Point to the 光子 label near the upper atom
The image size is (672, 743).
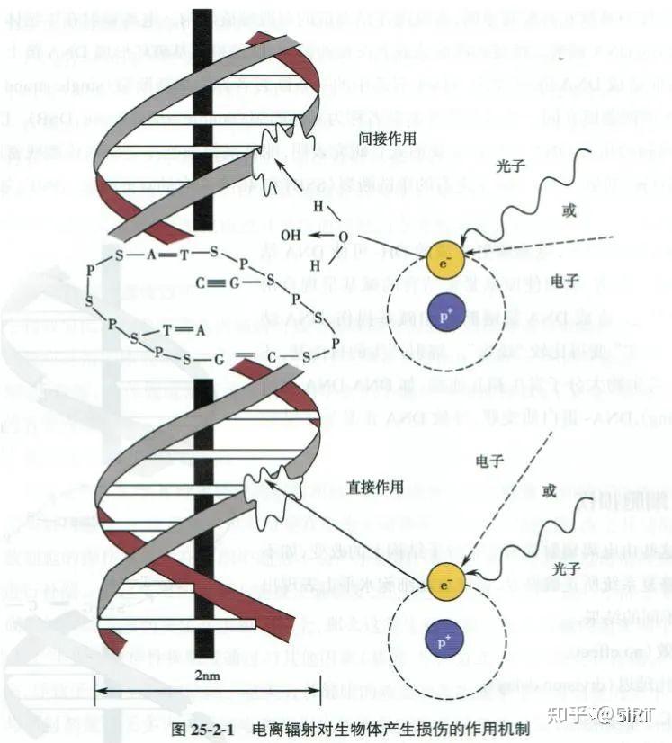point(508,167)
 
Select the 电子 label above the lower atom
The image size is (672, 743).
point(488,461)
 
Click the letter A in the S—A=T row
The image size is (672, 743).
point(152,255)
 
